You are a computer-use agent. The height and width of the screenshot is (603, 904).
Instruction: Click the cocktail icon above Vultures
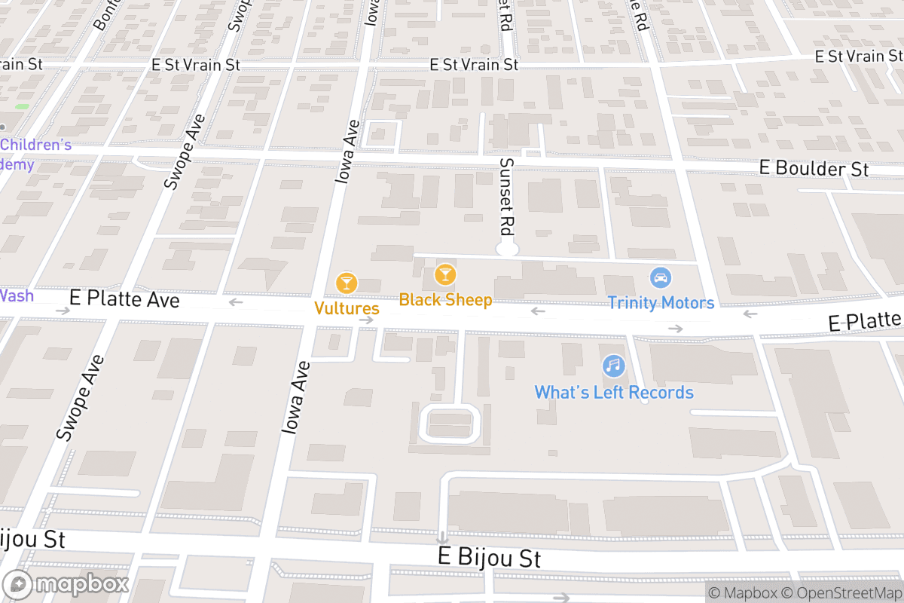347,283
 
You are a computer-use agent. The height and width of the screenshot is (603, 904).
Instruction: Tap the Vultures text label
347,308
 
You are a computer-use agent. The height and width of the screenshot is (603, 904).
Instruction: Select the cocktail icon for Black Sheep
445,274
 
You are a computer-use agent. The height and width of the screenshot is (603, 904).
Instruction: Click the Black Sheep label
445,300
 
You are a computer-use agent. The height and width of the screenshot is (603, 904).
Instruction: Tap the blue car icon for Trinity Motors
661,277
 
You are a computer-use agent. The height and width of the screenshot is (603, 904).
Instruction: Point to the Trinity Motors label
661,303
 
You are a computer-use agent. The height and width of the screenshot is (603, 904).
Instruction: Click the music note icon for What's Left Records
614,366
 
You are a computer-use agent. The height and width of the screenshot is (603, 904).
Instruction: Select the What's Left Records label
614,393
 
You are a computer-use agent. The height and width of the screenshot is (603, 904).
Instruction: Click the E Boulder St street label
814,169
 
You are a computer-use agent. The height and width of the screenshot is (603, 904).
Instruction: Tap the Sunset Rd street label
507,194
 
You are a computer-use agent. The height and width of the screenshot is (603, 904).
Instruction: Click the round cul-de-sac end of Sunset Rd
507,249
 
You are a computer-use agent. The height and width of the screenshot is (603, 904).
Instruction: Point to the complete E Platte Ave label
124,299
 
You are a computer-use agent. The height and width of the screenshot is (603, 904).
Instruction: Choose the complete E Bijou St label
490,559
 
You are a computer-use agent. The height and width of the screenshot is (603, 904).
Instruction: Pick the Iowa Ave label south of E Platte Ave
295,397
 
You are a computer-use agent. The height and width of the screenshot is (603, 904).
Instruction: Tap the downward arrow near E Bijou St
441,538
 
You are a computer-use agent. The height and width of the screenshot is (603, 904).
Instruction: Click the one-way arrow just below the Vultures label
366,320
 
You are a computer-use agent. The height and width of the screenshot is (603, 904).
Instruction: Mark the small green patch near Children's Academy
22,106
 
